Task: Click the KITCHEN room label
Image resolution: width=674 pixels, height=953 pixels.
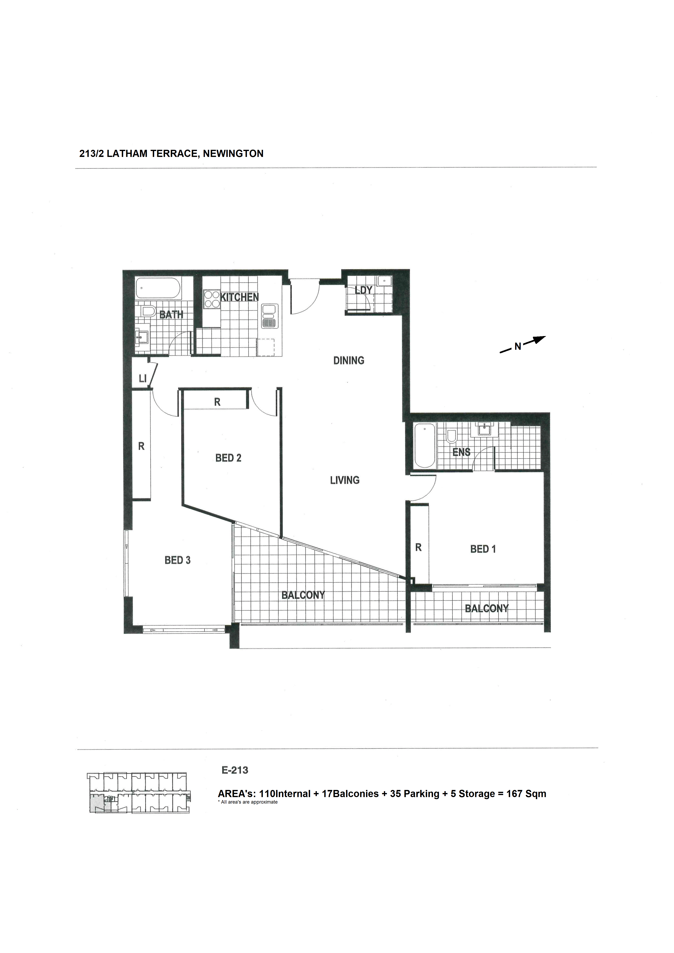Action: coord(239,297)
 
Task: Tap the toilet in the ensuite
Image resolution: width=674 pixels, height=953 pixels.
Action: coord(451,436)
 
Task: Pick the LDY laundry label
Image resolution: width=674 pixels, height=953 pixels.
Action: coord(363,290)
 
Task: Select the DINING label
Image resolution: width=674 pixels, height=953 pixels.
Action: coord(349,360)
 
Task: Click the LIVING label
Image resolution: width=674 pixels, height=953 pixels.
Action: coord(345,480)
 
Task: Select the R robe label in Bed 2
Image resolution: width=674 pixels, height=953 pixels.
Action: coord(217,402)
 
